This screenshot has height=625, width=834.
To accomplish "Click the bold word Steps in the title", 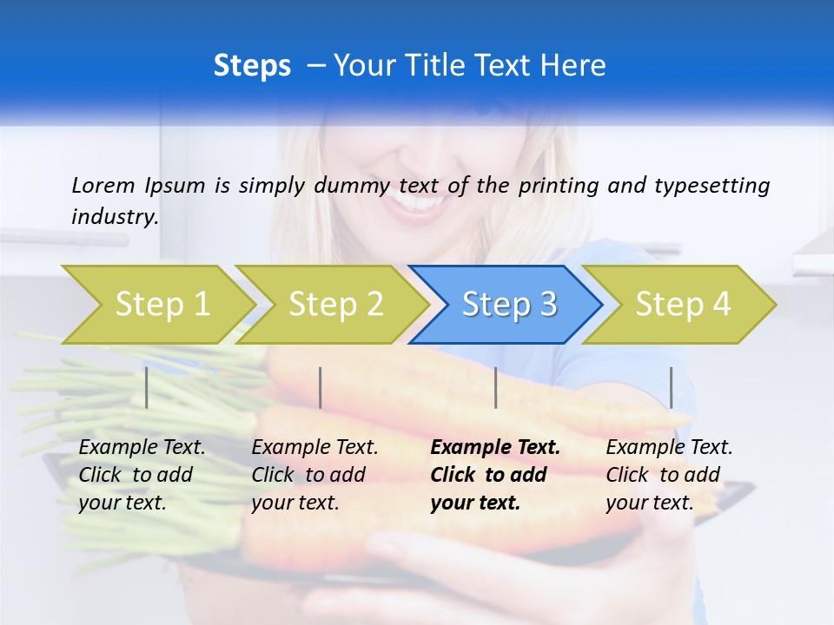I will [x=252, y=66].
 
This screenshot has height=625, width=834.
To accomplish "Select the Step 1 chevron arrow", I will [x=156, y=305].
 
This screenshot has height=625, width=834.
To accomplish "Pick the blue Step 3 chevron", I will [x=506, y=305].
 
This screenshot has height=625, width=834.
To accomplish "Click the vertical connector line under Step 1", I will [x=146, y=387].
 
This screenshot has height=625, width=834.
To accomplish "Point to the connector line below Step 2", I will [x=321, y=387].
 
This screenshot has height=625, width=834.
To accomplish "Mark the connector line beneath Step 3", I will [x=495, y=387].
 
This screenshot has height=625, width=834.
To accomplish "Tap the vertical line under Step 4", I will [x=671, y=387].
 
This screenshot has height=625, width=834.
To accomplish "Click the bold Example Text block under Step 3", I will [x=495, y=475].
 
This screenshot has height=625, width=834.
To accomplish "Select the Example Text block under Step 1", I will [x=142, y=475].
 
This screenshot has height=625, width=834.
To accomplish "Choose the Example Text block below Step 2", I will [x=314, y=475].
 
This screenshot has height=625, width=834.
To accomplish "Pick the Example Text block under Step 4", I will [x=669, y=475].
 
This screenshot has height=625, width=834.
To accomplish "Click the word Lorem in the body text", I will [x=103, y=185].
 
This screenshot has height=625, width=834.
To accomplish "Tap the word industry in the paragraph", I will [x=114, y=217].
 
